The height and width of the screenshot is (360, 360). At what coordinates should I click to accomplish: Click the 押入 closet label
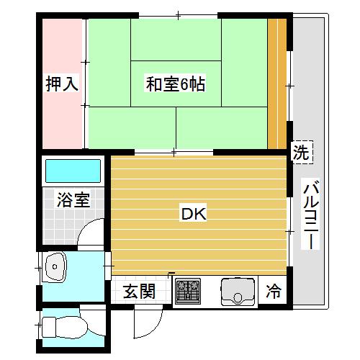coord(60,84)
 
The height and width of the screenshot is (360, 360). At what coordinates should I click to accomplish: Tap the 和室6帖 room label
coord(176,84)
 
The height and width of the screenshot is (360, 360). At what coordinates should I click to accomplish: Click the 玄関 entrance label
coord(139,292)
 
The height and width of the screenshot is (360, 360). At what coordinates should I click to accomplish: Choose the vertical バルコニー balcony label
coord(311,214)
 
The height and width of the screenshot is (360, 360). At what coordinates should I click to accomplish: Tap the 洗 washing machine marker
coord(301,153)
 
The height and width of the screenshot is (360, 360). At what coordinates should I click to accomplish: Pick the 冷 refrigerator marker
coord(274,292)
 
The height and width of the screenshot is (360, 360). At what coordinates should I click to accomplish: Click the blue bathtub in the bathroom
coord(73,171)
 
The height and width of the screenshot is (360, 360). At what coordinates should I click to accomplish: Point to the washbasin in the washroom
coord(56,269)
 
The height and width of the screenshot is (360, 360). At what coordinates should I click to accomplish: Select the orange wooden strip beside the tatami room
coord(276,83)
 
